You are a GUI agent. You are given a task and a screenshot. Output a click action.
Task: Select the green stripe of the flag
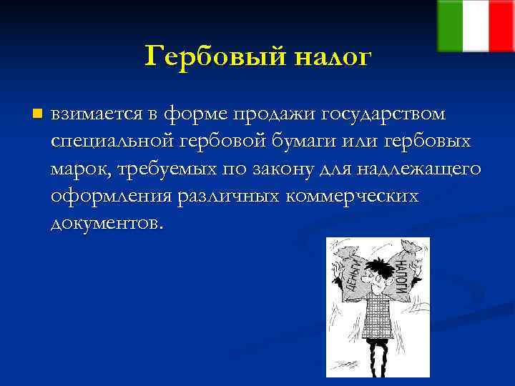[450, 26]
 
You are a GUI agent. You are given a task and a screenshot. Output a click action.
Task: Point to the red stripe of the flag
[501, 26]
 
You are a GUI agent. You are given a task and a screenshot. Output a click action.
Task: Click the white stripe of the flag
[476, 26]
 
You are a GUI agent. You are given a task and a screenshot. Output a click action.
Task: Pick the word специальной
[106, 142]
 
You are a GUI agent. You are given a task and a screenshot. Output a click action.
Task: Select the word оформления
[107, 196]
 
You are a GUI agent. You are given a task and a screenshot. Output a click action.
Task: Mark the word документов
[107, 223]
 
